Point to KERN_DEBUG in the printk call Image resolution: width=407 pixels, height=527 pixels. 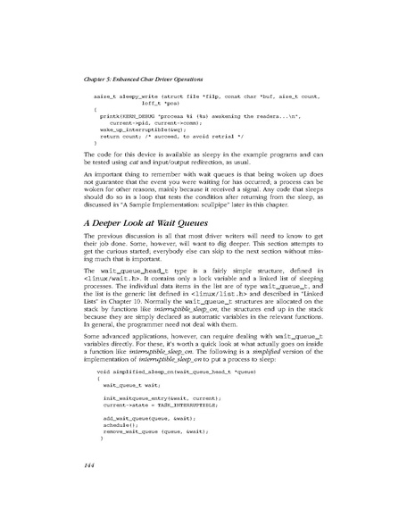tap(139, 115)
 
